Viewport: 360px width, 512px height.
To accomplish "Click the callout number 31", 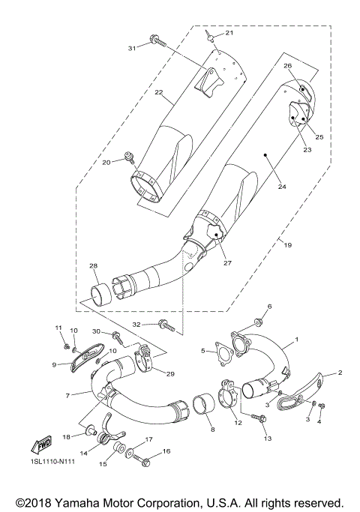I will coord(131,48).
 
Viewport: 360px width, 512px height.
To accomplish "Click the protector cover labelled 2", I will coord(304,391).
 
